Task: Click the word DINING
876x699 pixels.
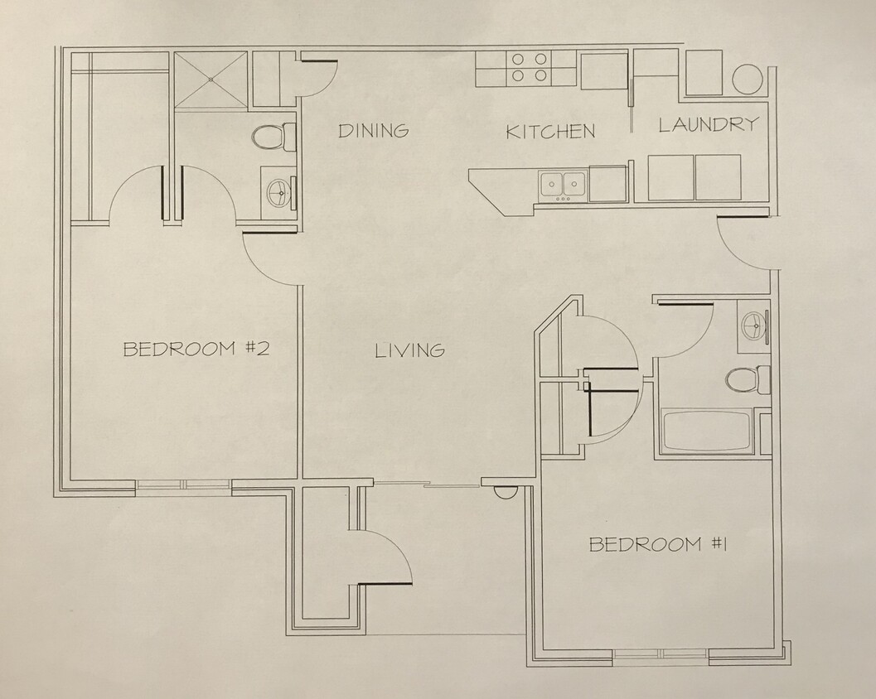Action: coord(373,131)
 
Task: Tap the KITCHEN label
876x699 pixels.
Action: coord(550,132)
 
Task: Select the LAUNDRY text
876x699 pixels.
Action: coord(709,125)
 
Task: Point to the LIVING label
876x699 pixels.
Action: coord(409,350)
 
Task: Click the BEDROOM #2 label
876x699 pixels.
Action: coord(196,349)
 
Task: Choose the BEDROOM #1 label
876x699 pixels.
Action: coord(658,544)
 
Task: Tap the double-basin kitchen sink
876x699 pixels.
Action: coord(563,186)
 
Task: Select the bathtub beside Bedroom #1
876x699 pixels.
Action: coord(708,430)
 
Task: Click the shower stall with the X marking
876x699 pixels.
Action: coord(211,80)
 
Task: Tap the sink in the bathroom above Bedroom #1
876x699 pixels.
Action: coord(753,325)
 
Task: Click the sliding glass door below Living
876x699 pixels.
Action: coord(427,484)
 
